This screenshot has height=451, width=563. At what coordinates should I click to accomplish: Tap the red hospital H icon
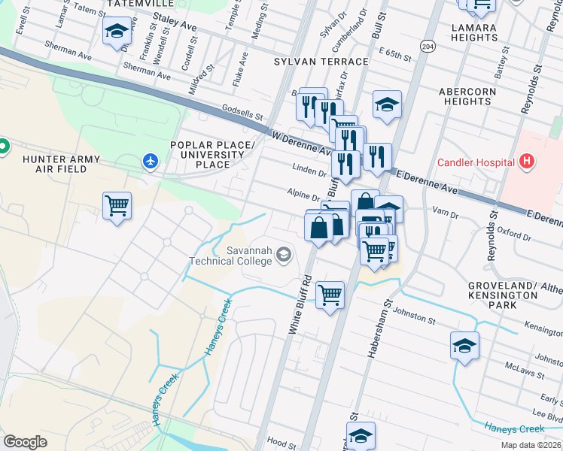526,162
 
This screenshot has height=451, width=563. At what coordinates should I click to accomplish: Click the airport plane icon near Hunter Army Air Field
151,160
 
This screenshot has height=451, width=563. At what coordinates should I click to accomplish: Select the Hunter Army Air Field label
56,164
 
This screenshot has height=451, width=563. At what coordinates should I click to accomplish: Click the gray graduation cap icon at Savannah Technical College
283,255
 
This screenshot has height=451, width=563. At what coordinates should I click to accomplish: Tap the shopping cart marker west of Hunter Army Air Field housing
117,205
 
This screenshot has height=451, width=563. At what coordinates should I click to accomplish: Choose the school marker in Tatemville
117,32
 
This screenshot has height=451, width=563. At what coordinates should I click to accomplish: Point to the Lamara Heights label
473,33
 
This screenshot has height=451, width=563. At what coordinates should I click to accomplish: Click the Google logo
26,442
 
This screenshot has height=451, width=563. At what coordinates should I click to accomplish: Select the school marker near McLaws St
464,346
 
